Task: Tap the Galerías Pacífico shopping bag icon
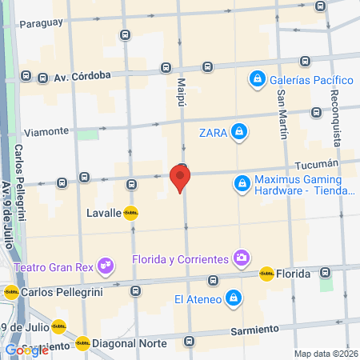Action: coord(257,79)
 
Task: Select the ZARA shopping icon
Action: coord(238,131)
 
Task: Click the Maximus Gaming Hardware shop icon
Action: coord(241,184)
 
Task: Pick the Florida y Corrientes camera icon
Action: coord(241,257)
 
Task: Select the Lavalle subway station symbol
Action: coord(130,214)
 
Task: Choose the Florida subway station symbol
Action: coord(266,274)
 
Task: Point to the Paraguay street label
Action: coord(41,22)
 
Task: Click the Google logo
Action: coord(26,350)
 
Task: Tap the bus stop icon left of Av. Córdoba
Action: coord(26,77)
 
